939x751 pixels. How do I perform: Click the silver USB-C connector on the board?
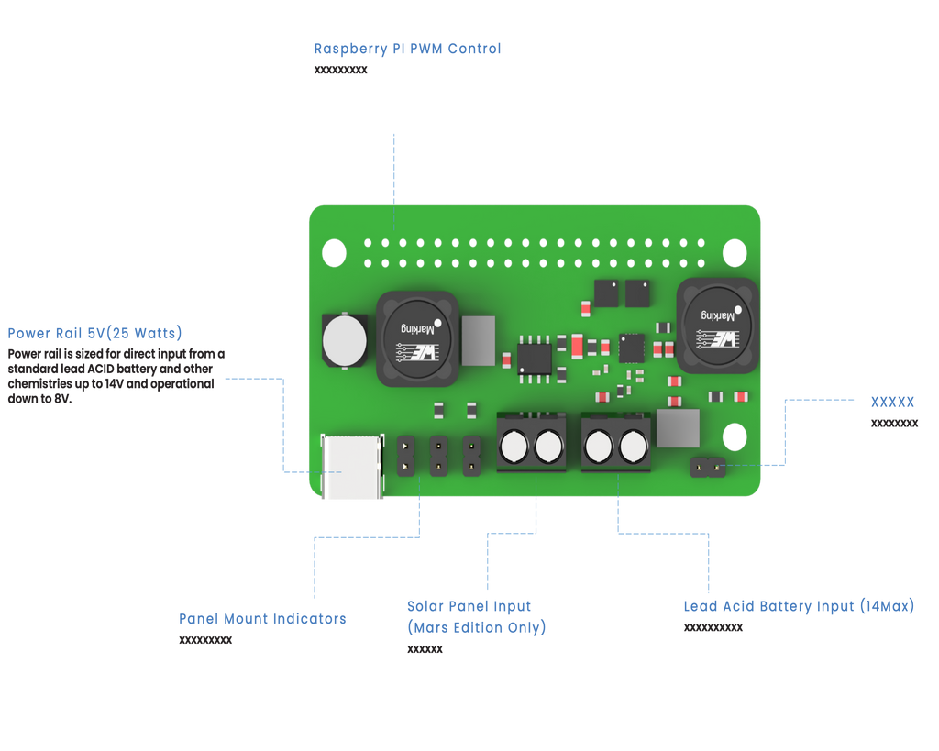point(352,468)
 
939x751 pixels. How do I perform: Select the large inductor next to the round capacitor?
point(417,338)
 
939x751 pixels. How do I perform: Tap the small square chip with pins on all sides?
point(631,348)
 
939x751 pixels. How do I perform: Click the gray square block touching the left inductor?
point(478,339)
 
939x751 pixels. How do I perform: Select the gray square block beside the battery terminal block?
point(679,428)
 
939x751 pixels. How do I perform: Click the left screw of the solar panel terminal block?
point(514,447)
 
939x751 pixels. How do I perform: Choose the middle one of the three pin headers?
point(438,456)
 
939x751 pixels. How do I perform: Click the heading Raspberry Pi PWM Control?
point(407,49)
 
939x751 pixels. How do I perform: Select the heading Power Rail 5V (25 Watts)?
point(94,332)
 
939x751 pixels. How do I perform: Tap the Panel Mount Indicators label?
point(262,619)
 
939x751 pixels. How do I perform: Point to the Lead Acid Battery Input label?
point(798,606)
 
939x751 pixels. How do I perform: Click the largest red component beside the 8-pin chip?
point(577,346)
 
